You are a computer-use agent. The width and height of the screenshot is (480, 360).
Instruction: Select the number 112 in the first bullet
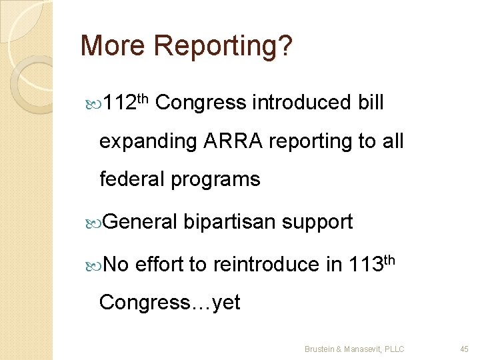pyautogui.click(x=121, y=104)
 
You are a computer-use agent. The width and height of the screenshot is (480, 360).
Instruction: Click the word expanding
pyautogui.click(x=148, y=142)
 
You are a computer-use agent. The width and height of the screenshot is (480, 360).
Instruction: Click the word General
pyautogui.click(x=141, y=221)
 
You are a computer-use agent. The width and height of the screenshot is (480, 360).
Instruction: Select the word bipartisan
pyautogui.click(x=230, y=222)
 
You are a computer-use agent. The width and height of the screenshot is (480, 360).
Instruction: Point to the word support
pyautogui.click(x=317, y=223)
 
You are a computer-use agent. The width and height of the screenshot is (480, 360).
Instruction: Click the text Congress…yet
pyautogui.click(x=169, y=303)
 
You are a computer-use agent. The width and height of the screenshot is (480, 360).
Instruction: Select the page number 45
pyautogui.click(x=465, y=349)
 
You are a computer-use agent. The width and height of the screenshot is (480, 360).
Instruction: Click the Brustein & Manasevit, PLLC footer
pyautogui.click(x=354, y=349)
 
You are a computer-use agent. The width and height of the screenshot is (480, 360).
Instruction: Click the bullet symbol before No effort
pyautogui.click(x=93, y=265)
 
